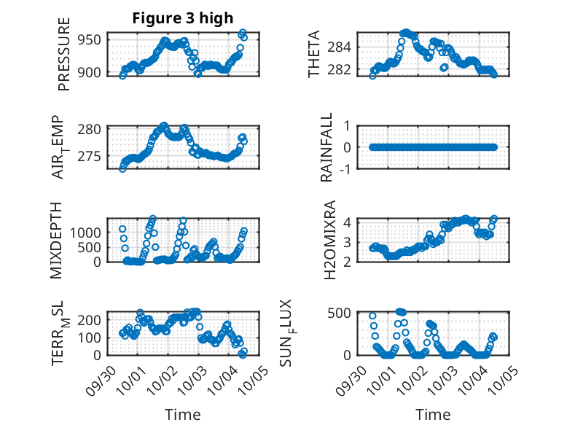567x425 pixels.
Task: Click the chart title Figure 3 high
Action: [x=183, y=18]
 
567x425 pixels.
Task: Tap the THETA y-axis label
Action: [x=314, y=54]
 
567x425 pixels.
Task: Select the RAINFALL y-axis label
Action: [x=327, y=147]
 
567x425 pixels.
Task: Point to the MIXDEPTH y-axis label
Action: [x=57, y=240]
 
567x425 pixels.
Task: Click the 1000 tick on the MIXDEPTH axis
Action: [x=86, y=232]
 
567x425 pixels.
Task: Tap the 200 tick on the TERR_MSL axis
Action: [x=90, y=319]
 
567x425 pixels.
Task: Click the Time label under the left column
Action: [x=183, y=414]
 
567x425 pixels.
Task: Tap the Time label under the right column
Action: [x=433, y=414]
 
